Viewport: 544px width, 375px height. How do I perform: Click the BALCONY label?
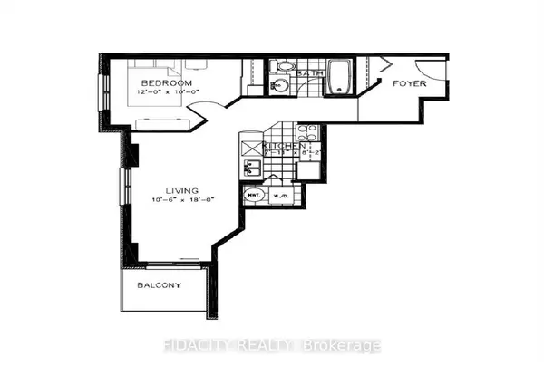[160, 285]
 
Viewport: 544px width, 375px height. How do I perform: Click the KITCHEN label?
[283, 145]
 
